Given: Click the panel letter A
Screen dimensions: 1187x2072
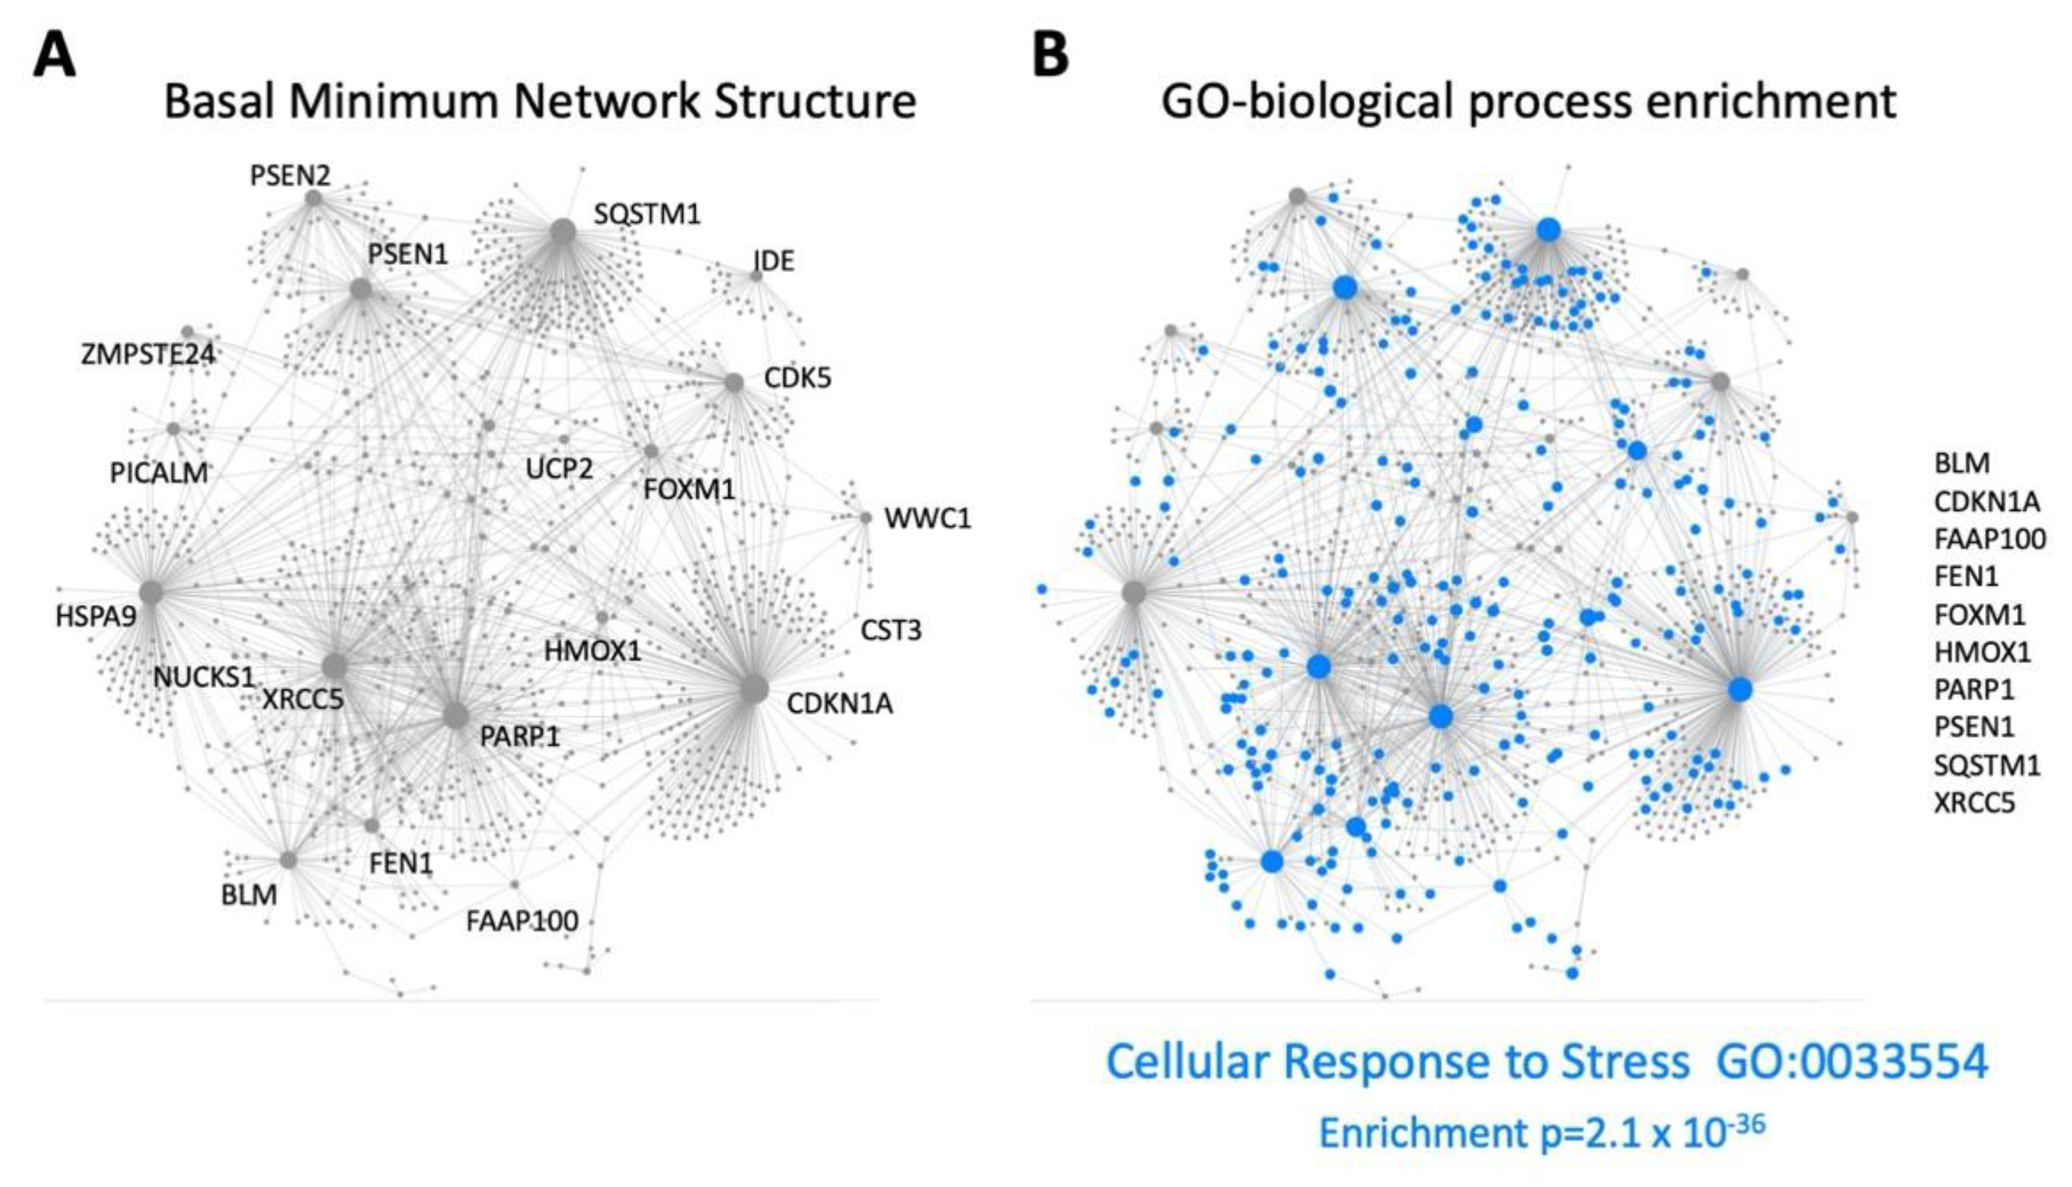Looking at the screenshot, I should point(54,57).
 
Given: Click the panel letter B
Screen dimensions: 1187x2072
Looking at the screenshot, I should point(1050,57).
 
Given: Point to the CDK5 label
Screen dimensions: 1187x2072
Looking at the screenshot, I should point(797,378).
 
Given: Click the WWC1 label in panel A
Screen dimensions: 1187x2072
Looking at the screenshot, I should point(927,519).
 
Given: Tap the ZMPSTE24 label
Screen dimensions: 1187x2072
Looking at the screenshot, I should point(148,354).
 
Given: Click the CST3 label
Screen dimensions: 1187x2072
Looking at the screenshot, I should point(891,630).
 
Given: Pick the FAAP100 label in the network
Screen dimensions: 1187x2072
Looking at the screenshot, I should point(522,921).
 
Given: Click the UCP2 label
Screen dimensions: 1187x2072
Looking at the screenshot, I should point(559,469).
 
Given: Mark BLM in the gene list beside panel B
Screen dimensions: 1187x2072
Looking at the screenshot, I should point(1961,463).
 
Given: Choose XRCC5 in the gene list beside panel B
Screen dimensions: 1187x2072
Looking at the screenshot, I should point(1973,803).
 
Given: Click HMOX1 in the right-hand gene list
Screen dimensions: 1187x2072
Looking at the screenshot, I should point(1982,652).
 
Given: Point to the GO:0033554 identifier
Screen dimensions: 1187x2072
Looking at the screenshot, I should point(1852,1061).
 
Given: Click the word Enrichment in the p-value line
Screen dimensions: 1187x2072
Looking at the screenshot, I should point(1423,1133).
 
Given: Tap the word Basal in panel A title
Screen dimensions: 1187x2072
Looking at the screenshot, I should point(218,102).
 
